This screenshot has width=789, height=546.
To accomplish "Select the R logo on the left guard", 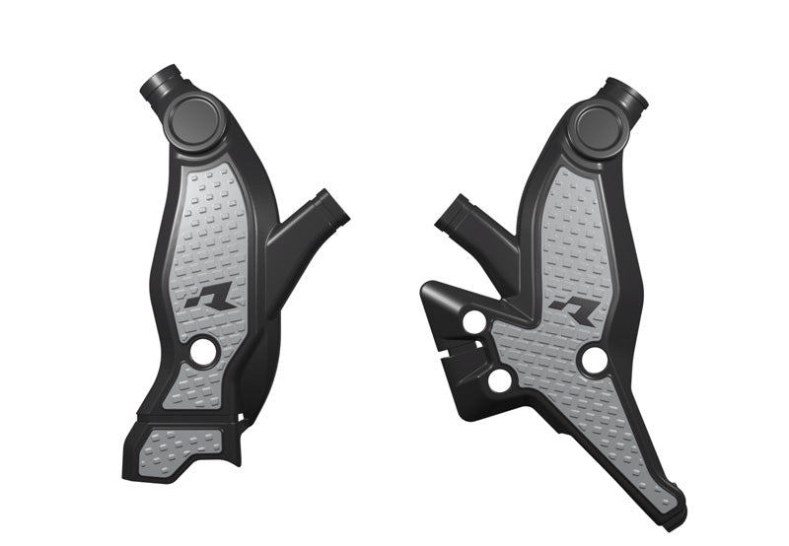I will pyautogui.click(x=210, y=297).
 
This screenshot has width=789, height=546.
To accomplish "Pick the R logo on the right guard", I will pyautogui.click(x=575, y=312).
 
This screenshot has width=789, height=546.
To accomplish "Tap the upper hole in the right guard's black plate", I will pyautogui.click(x=474, y=322).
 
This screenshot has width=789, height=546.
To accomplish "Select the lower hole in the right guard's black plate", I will pyautogui.click(x=500, y=379).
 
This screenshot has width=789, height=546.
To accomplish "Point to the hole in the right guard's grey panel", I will pyautogui.click(x=594, y=361).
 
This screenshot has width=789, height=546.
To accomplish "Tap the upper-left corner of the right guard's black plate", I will pyautogui.click(x=427, y=287).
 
